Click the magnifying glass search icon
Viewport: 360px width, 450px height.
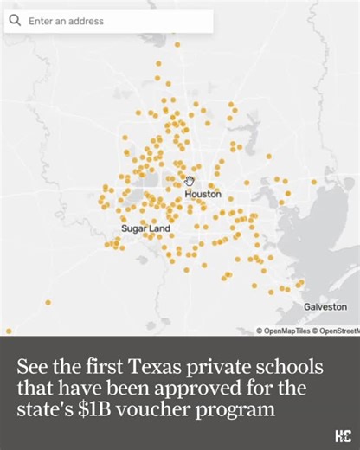pyautogui.click(x=15, y=21)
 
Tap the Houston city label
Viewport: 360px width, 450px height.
pyautogui.click(x=202, y=195)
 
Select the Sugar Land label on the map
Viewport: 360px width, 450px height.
pyautogui.click(x=145, y=228)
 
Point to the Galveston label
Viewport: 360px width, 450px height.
pyautogui.click(x=325, y=307)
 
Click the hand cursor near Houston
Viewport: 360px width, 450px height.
pyautogui.click(x=190, y=181)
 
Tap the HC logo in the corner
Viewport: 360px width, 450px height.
pyautogui.click(x=342, y=435)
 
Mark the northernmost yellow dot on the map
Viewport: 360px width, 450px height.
pyautogui.click(x=177, y=43)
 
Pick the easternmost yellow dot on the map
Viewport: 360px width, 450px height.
pyautogui.click(x=314, y=182)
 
